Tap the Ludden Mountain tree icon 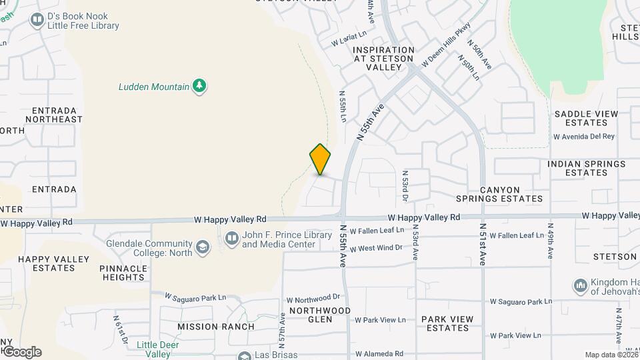pos(199,86)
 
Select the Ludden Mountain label pos(153,86)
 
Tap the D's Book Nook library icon pos(37,20)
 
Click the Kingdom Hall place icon pos(579,287)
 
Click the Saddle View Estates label pos(586,118)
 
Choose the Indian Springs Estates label pos(586,168)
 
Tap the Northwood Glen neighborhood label pos(319,315)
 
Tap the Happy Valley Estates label pos(46,263)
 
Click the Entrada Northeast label pos(54,115)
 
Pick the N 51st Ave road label pos(483,245)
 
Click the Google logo pos(21,352)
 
